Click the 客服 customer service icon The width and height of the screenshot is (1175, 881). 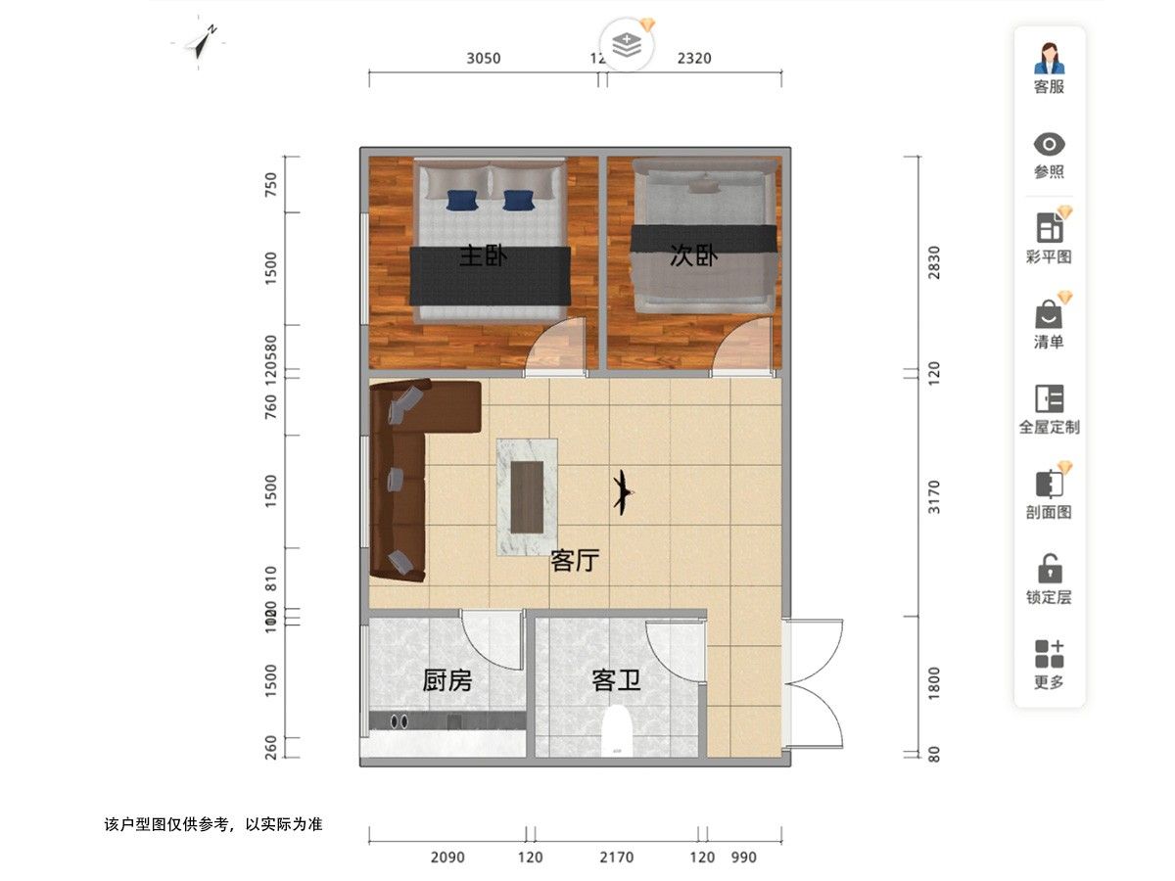point(1049,60)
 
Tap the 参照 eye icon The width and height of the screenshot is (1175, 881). point(1049,145)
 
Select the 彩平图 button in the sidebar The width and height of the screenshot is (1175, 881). point(1049,229)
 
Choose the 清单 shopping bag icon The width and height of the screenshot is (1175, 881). point(1049,314)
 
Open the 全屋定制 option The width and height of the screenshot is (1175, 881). point(1049,399)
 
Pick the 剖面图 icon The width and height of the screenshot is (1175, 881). point(1049,485)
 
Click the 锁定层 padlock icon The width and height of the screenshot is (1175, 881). point(1049,569)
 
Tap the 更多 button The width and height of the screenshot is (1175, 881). point(1049,654)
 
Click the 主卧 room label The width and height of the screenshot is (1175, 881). point(483,256)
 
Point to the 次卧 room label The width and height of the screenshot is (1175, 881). point(693,256)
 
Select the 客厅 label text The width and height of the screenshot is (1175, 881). point(575,561)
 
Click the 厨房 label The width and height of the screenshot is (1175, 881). point(446,679)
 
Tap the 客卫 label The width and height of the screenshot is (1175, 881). point(616,679)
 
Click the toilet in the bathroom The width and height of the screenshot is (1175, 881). point(617,733)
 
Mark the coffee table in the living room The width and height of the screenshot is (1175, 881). point(528,496)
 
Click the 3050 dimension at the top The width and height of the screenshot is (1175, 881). point(483,58)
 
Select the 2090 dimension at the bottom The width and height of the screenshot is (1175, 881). point(447,858)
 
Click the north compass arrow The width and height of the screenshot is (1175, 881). point(206,42)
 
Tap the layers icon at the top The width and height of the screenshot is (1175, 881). point(626,44)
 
